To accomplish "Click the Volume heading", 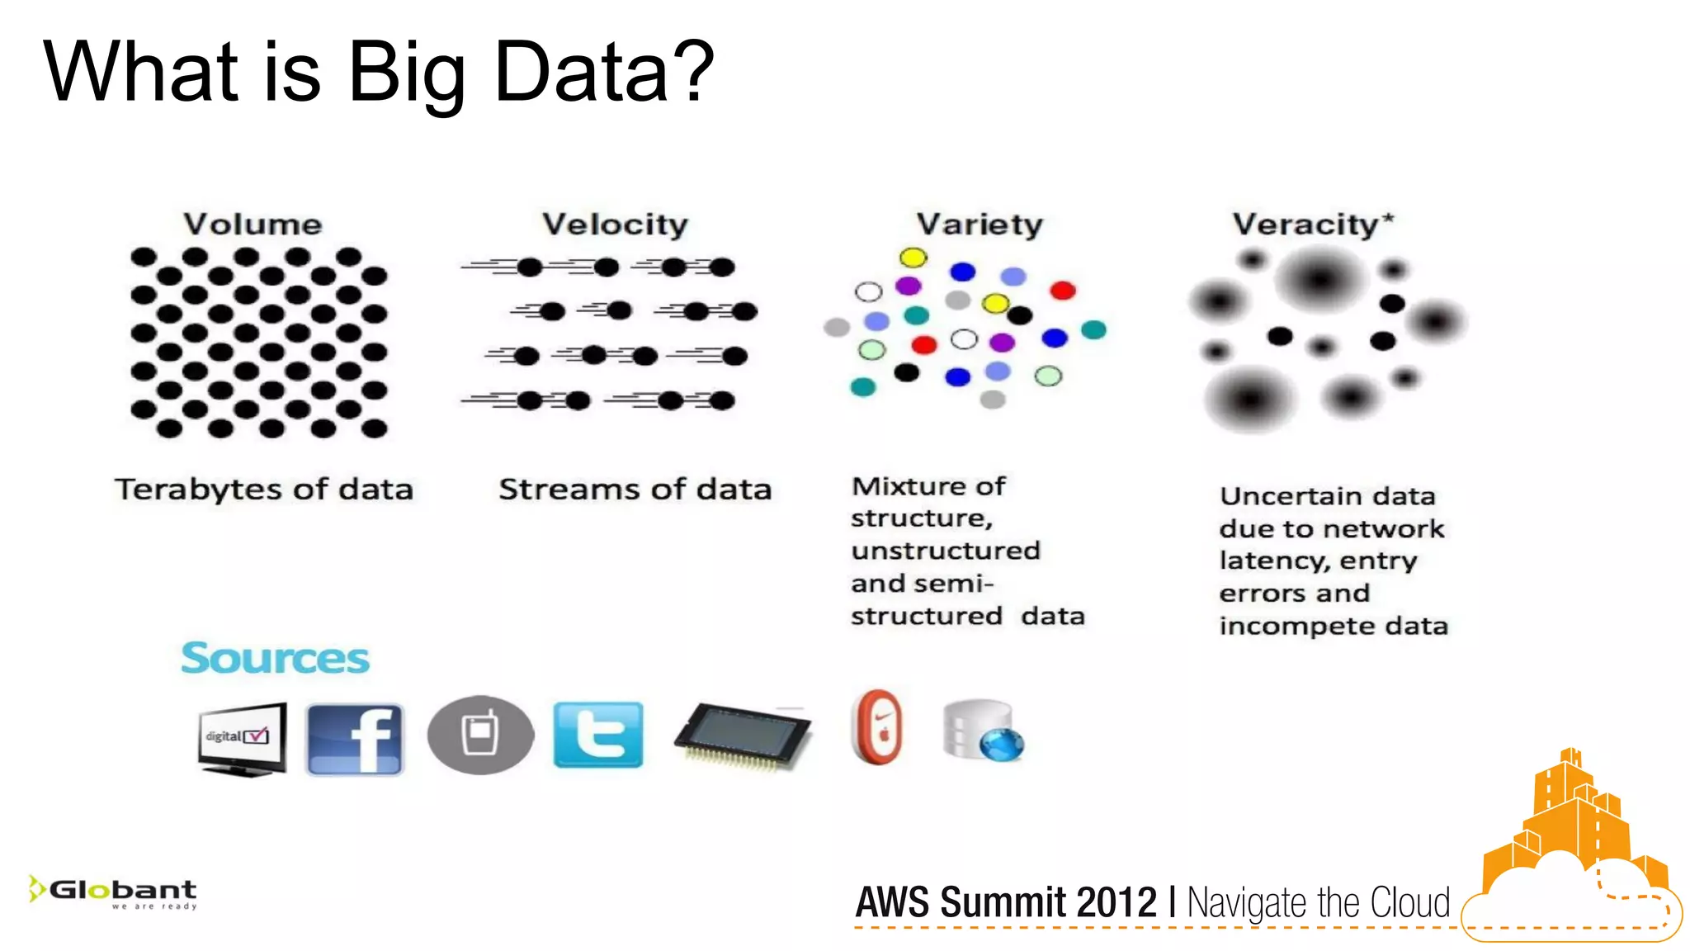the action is [x=253, y=225].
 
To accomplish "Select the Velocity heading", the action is [x=615, y=225].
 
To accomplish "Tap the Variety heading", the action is [x=980, y=225].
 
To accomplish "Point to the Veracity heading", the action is [x=1306, y=225].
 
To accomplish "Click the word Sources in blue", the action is [x=276, y=659].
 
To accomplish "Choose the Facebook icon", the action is [x=355, y=738].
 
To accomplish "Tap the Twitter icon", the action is [x=598, y=735].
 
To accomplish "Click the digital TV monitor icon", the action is [x=242, y=738].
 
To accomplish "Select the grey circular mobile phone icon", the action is [x=480, y=735].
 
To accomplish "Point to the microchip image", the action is [x=743, y=735].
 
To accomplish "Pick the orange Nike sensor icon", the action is [x=877, y=727].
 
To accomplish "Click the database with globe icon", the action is [x=983, y=731].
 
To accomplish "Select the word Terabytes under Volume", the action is [x=200, y=490].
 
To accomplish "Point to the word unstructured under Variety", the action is [x=946, y=551].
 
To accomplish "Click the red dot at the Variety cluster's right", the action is [x=1063, y=290].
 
